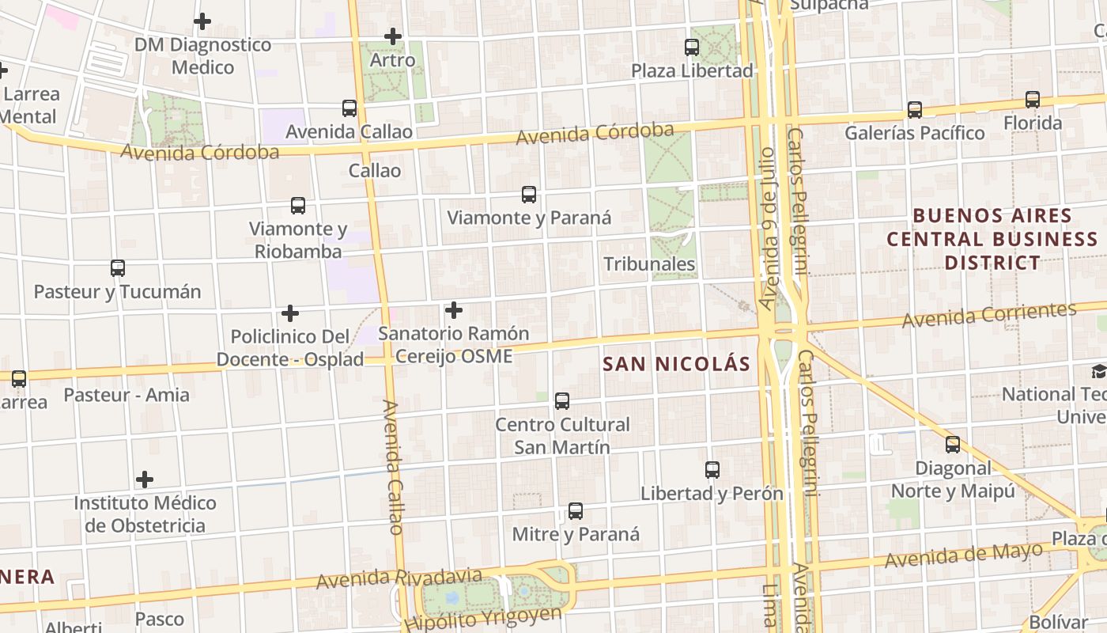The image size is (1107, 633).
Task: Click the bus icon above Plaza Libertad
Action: pos(692,47)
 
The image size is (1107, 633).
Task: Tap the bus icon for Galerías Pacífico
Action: pos(915,110)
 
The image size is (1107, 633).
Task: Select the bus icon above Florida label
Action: pos(1033,100)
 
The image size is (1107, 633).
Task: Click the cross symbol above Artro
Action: pos(393,36)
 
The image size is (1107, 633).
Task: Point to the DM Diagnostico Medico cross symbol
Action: pos(202,21)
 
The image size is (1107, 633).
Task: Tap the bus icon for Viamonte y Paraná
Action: pos(529,195)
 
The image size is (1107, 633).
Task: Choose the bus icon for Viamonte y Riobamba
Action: pos(298,206)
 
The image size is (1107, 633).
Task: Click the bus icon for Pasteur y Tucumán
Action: pos(118,268)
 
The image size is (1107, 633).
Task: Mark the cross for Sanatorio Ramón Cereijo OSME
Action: pos(454,310)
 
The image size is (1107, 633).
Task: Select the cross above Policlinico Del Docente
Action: pos(290,313)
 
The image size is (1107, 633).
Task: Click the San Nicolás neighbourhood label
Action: pos(676,364)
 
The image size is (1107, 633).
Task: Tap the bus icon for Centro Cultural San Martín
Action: pos(562,401)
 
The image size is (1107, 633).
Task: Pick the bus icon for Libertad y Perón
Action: pos(712,470)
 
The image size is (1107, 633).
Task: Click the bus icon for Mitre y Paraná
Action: pos(576,511)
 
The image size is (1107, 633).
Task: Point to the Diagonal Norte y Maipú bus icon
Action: pos(953,445)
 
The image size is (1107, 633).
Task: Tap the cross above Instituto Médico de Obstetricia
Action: pos(145,479)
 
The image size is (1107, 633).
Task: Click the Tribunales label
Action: pos(650,264)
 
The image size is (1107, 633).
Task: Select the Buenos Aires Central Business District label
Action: pos(992,239)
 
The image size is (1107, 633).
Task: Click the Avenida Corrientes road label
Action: pos(989,315)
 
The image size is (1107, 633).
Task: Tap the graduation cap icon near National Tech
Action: pos(1099,371)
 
